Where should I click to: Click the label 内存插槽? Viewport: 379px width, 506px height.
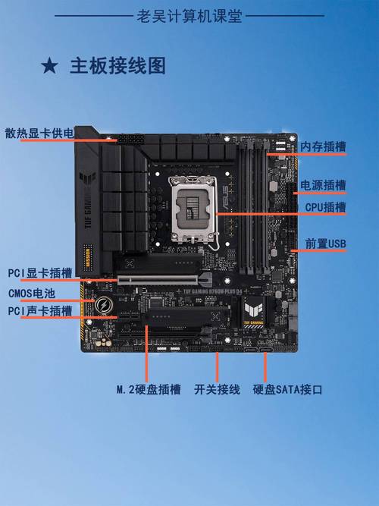324,146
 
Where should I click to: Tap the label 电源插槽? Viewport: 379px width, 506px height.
324,184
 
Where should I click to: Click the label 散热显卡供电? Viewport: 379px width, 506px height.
39,134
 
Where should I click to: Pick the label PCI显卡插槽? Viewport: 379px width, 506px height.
40,272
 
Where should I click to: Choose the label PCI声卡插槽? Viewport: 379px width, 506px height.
40,310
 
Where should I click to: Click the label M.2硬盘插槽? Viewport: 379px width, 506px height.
149,389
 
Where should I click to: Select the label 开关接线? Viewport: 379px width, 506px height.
217,389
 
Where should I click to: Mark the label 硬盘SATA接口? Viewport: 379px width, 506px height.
288,389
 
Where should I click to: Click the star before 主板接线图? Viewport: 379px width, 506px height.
49,66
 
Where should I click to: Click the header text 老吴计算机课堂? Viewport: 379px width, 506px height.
189,14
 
